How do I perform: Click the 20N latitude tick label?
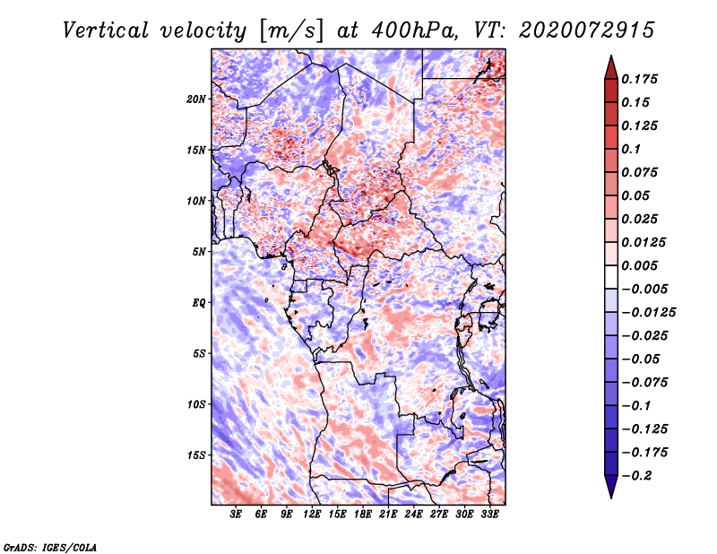(x=196, y=99)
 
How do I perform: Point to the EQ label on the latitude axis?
(x=199, y=302)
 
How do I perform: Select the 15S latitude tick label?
(x=196, y=454)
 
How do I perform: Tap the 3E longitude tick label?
(x=237, y=515)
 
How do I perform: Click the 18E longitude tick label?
(x=364, y=515)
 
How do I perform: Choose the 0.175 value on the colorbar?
(x=642, y=79)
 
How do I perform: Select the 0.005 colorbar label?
(x=642, y=265)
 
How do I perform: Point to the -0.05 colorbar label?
(x=642, y=359)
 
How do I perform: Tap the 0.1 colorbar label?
(x=633, y=149)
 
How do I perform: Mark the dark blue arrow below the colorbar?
(x=610, y=487)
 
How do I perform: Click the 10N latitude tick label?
(x=196, y=200)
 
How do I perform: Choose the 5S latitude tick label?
(x=199, y=353)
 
